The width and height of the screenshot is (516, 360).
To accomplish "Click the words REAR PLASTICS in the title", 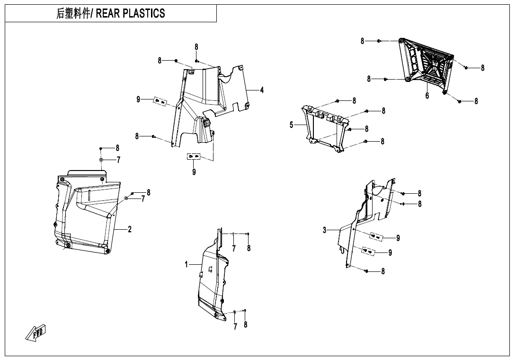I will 131,14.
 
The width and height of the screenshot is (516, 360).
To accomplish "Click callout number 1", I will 187,264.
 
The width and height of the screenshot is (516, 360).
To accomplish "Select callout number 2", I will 130,230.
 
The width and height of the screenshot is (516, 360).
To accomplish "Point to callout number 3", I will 325,230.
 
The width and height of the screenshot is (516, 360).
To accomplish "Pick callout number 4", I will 262,90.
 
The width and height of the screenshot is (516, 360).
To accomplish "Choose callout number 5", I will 292,125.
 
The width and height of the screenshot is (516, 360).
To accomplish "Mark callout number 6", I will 427,96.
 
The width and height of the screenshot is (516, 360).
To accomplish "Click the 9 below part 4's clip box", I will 194,172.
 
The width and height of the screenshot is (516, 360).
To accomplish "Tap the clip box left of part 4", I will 160,102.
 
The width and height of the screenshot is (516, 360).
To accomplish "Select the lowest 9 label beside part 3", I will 390,252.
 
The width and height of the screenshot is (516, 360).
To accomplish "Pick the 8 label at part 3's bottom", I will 383,271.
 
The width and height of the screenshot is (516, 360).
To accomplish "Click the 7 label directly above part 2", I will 118,160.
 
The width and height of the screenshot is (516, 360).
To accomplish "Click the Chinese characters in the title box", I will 74,14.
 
